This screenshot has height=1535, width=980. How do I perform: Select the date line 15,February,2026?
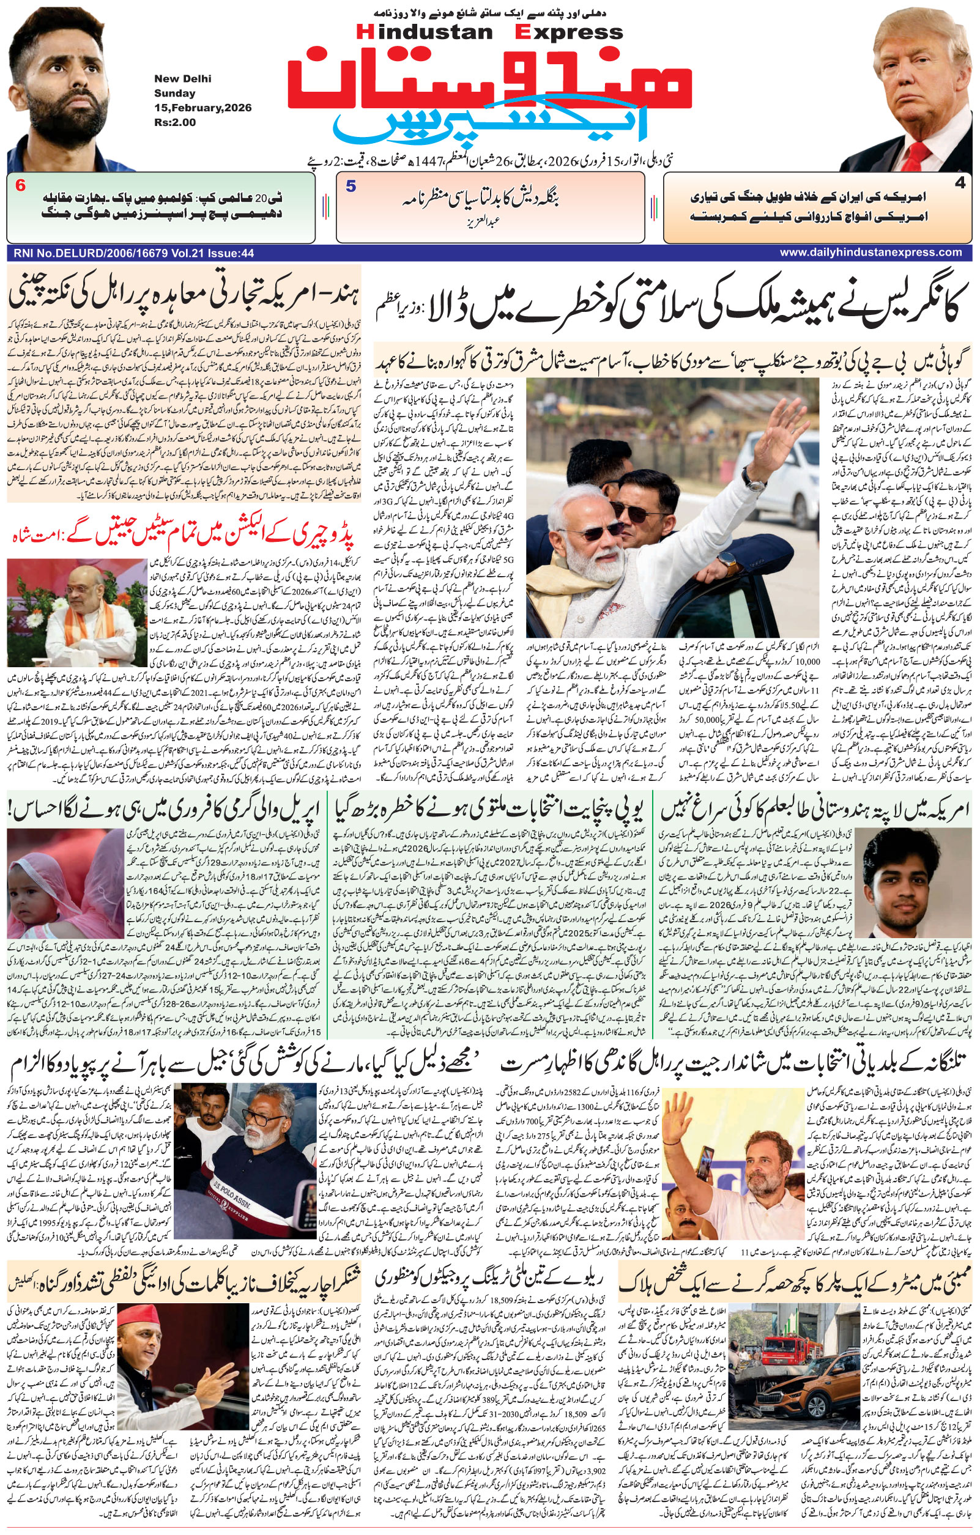(202, 108)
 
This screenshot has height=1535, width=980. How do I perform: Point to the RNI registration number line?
(133, 253)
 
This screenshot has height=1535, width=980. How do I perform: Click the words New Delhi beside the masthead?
(182, 79)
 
